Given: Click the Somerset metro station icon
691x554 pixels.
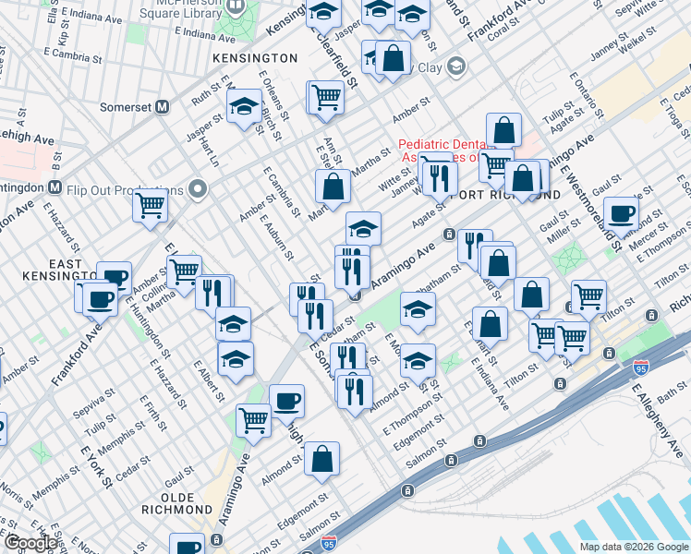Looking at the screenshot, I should tap(163, 106).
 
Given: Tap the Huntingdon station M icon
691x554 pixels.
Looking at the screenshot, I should tap(55, 187).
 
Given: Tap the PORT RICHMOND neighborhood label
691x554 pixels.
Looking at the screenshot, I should tap(506, 194).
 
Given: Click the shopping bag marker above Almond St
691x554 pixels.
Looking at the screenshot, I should tap(321, 458).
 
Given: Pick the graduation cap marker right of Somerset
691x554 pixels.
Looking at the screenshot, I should tap(244, 108).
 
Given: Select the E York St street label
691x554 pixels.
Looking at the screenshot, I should tap(97, 467).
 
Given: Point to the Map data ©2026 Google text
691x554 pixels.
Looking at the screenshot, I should tap(634, 547).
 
